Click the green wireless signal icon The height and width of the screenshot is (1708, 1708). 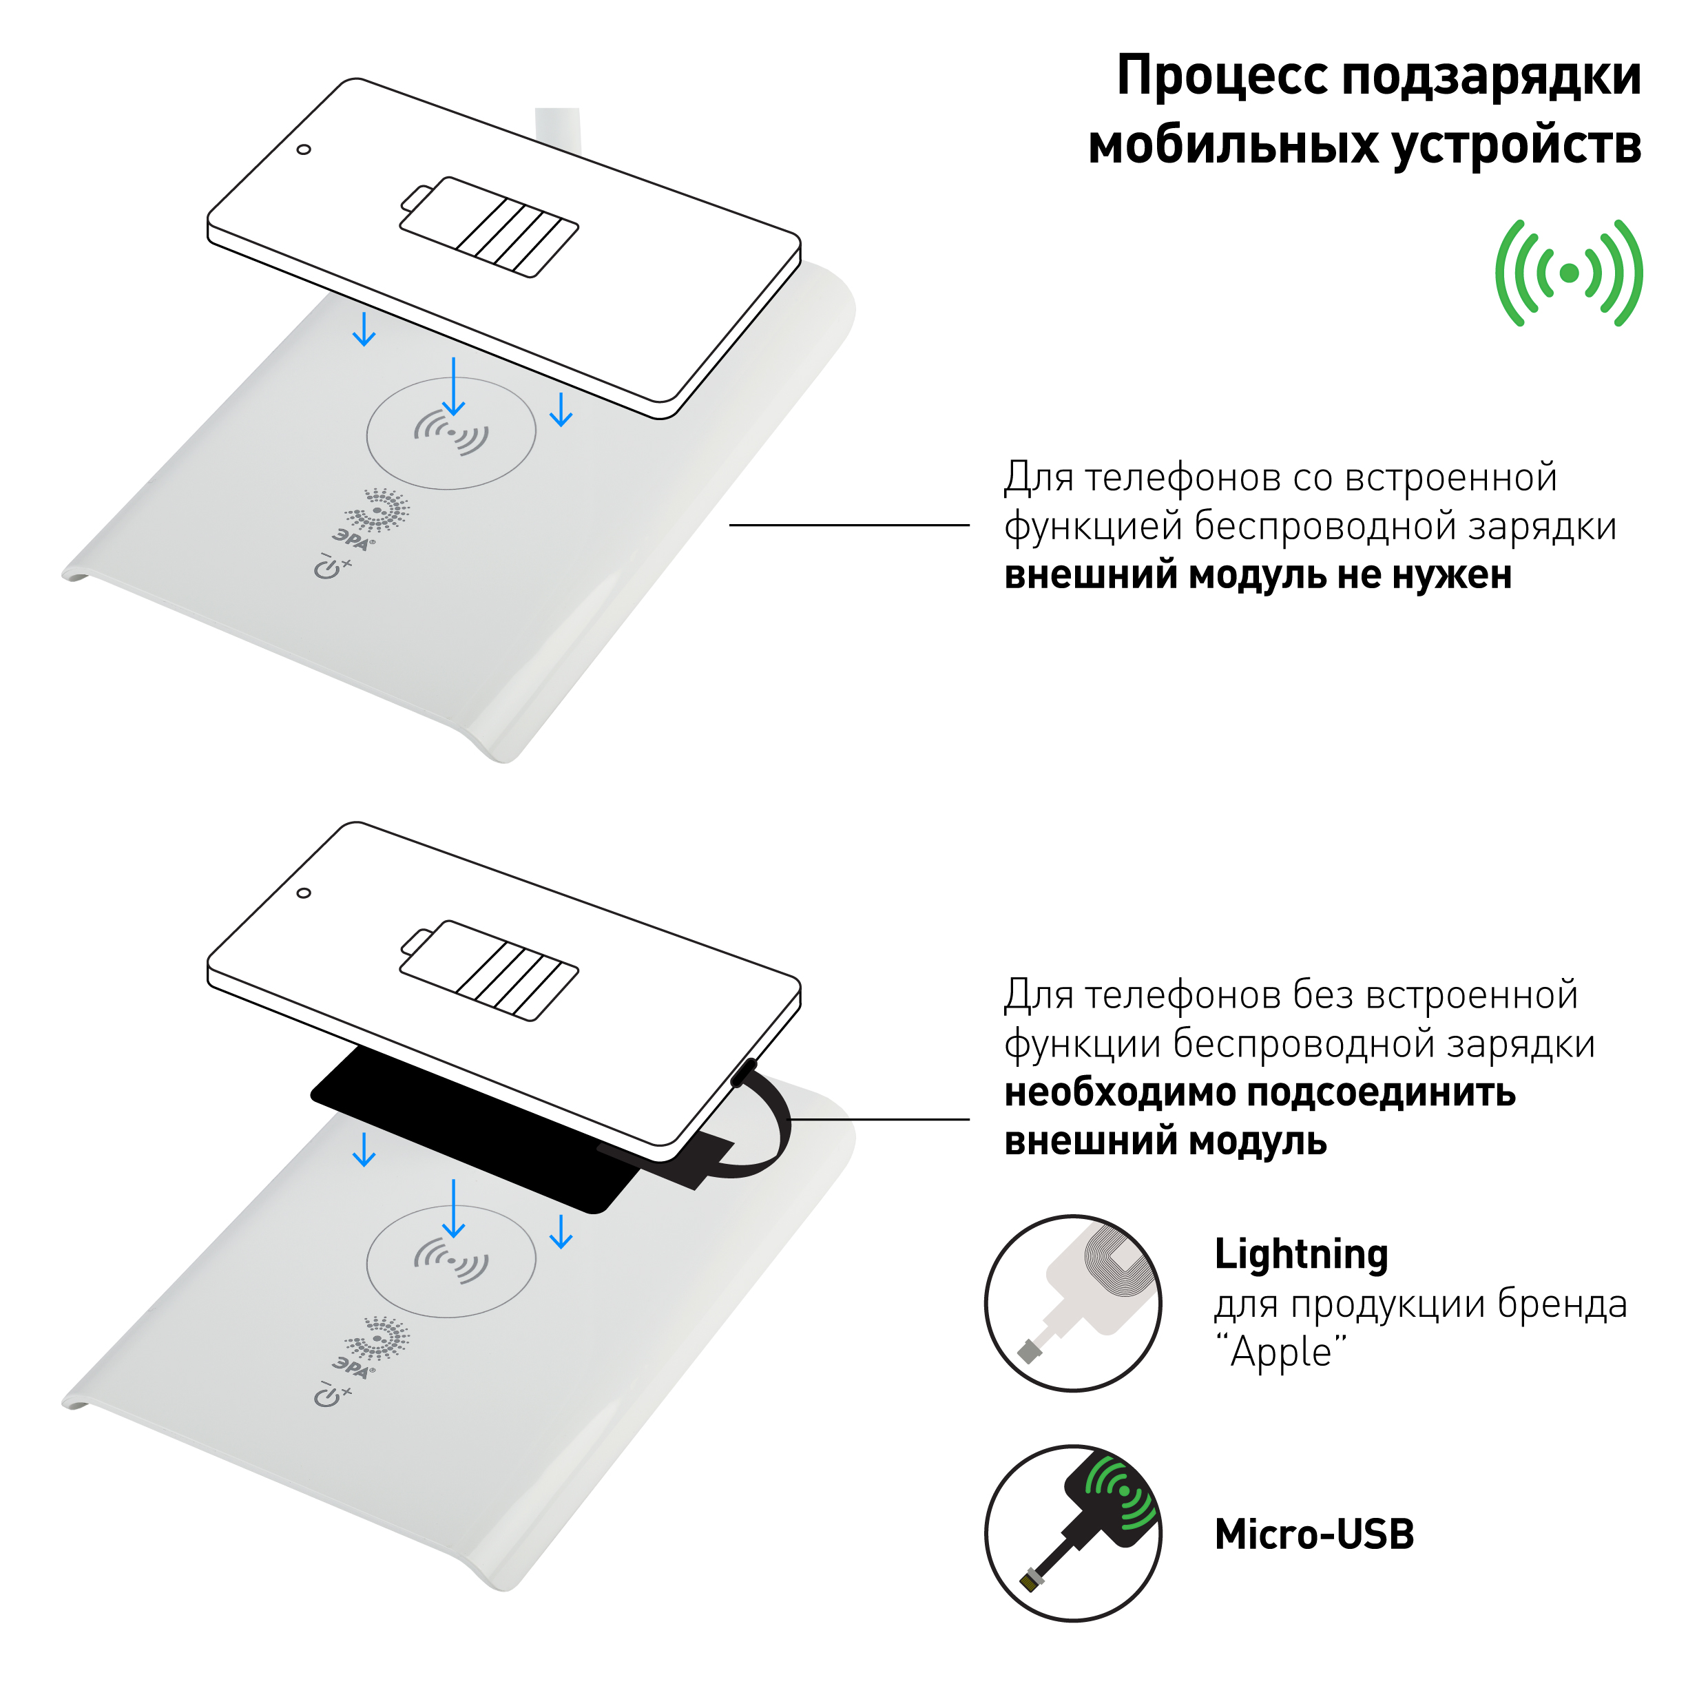1568,273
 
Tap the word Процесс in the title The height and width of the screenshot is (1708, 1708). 1224,78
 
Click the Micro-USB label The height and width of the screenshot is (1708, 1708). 1313,1534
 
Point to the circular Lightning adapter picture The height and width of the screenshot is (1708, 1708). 1073,1304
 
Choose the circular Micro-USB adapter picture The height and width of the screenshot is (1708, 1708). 1073,1534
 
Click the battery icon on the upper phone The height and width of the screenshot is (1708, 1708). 489,227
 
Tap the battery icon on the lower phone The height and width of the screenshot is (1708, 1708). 489,970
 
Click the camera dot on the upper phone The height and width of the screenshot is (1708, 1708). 303,149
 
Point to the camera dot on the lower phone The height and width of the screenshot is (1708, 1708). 303,893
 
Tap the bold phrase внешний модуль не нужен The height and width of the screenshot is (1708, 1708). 1257,576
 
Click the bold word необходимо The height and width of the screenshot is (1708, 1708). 1114,1094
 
